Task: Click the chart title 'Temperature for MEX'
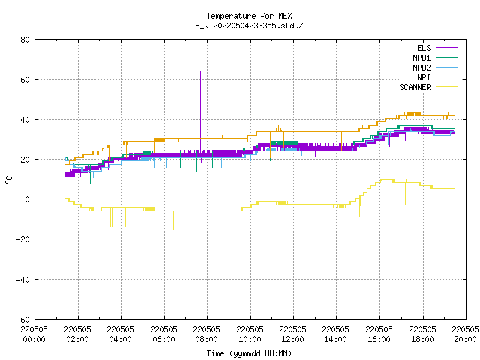[249, 16]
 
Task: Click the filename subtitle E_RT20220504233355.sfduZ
[249, 25]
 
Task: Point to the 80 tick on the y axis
[25, 40]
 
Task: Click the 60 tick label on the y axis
[25, 79]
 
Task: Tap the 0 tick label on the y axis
[28, 199]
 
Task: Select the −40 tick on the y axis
[23, 280]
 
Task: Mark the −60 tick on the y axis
[23, 319]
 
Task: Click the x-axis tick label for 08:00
[207, 334]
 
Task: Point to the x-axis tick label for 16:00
[379, 334]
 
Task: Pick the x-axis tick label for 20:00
[465, 334]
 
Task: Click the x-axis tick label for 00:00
[34, 334]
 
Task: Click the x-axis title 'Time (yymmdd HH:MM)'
[249, 353]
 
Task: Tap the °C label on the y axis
[8, 180]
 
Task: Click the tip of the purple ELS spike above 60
[200, 71]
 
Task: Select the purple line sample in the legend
[447, 48]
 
